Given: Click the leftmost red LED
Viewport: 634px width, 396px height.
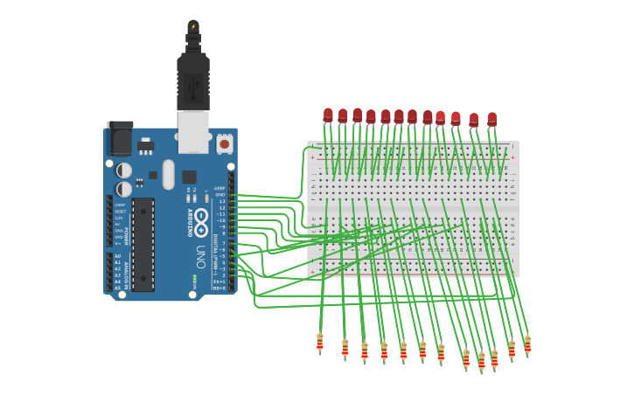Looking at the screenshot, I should pyautogui.click(x=328, y=115).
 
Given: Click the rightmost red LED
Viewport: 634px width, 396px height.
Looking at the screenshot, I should pyautogui.click(x=491, y=119).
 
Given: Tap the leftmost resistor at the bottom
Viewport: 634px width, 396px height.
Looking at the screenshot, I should pyautogui.click(x=320, y=343).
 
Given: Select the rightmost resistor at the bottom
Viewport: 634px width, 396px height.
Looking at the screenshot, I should pyautogui.click(x=527, y=345).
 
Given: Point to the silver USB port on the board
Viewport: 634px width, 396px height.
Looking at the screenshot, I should pyautogui.click(x=193, y=131).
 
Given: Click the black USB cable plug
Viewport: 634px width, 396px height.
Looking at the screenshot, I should pyautogui.click(x=193, y=83).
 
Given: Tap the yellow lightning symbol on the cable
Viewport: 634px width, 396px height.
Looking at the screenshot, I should pyautogui.click(x=193, y=26).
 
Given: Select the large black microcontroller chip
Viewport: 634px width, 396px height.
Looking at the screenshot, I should pyautogui.click(x=143, y=244).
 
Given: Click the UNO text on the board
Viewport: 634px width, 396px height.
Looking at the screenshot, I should pyautogui.click(x=200, y=254).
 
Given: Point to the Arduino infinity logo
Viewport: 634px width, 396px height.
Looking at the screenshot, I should pyautogui.click(x=201, y=218).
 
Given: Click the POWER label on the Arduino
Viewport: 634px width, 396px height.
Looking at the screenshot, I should pyautogui.click(x=128, y=236).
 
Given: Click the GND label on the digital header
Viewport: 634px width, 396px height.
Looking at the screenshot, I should pyautogui.click(x=221, y=194).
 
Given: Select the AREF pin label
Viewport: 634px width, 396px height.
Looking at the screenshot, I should pyautogui.click(x=220, y=188).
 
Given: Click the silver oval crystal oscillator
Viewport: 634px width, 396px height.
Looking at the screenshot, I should pyautogui.click(x=169, y=173).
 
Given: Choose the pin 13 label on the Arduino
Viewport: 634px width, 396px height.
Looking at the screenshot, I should pyautogui.click(x=222, y=201).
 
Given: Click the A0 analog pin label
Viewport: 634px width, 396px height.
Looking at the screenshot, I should pyautogui.click(x=117, y=256).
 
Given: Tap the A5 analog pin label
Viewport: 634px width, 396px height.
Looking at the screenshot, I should pyautogui.click(x=117, y=288).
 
